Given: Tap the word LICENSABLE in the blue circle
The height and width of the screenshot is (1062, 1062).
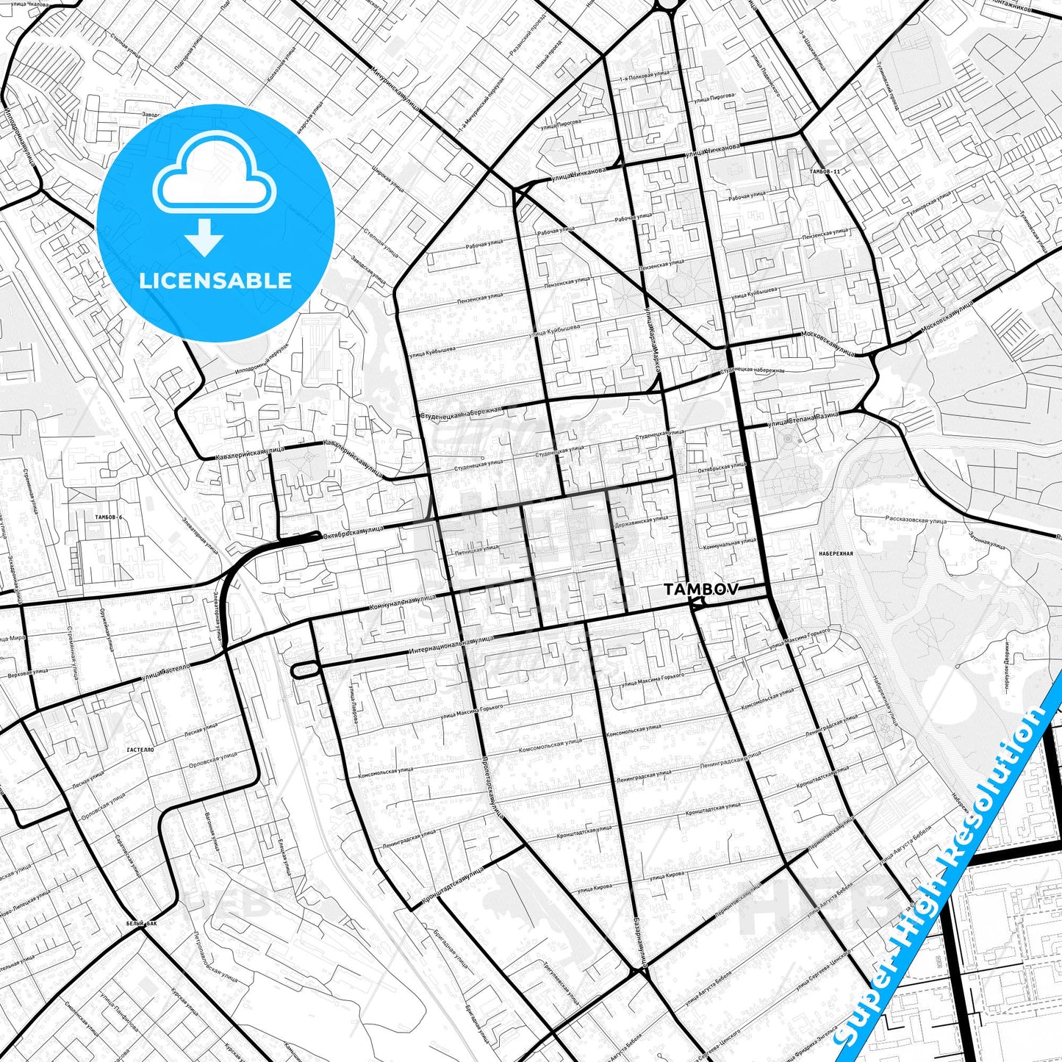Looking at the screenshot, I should pyautogui.click(x=215, y=280).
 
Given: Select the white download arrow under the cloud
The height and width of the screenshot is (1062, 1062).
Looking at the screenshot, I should pyautogui.click(x=205, y=237).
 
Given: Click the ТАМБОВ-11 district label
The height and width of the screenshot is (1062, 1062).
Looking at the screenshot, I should pyautogui.click(x=824, y=171).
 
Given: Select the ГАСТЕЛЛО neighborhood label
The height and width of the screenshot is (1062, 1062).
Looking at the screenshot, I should pyautogui.click(x=140, y=749).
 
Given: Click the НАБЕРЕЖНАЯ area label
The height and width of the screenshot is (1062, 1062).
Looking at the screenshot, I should pyautogui.click(x=835, y=553).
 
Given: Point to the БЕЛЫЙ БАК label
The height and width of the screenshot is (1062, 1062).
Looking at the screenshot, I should pyautogui.click(x=141, y=922).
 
